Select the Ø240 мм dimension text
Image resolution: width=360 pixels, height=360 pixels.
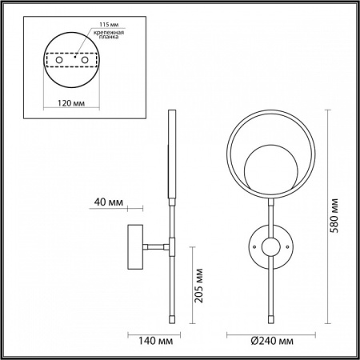point(267,341)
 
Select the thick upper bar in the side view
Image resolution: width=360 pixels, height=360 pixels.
point(170,156)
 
